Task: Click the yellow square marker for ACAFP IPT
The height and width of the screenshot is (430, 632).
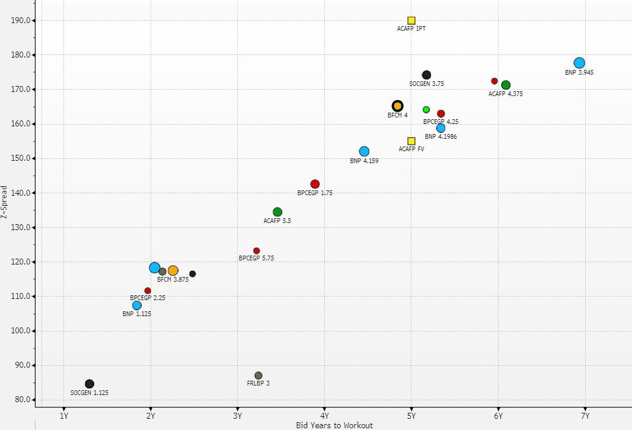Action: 411,21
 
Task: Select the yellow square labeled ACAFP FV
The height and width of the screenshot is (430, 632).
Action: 411,141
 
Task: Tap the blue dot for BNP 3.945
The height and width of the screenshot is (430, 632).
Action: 579,63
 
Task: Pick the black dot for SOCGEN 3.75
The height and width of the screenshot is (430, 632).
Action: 426,75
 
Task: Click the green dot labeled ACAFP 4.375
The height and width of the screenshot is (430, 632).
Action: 506,85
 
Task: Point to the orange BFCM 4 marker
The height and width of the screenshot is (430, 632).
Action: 398,106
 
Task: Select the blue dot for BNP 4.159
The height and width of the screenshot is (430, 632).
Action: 364,151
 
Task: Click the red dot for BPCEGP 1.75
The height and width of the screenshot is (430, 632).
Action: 315,184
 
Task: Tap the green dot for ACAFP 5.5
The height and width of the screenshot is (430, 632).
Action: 277,212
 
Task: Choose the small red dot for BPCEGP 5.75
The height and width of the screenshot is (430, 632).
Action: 256,251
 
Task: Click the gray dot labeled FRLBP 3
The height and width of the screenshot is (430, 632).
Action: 258,375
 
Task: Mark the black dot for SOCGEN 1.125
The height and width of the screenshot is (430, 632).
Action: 90,384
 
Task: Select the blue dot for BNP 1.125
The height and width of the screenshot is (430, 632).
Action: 137,305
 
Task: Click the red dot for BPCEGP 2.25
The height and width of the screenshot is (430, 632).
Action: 148,291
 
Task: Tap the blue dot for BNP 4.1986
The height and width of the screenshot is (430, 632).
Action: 441,128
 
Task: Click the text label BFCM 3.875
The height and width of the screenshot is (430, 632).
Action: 173,279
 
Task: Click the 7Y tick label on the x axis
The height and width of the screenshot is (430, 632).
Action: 585,415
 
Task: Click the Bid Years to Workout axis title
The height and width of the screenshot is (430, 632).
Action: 334,425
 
